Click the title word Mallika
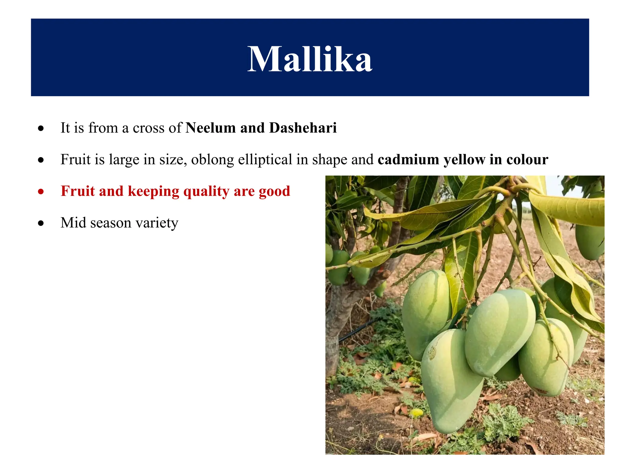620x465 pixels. [310, 59]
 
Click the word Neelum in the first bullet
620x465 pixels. [210, 128]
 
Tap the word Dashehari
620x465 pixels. [303, 128]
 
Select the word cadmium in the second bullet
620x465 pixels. [408, 160]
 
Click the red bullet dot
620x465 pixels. [41, 192]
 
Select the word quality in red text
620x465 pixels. [206, 192]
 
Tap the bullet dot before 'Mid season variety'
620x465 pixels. [41, 223]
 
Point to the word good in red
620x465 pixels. [274, 192]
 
